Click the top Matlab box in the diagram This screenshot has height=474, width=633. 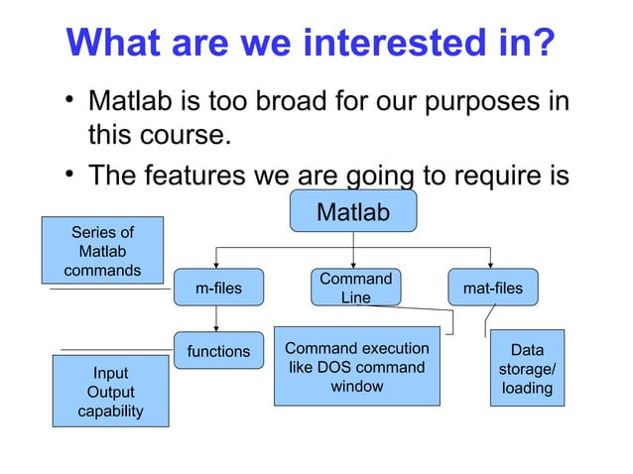[352, 211]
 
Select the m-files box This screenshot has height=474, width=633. [218, 289]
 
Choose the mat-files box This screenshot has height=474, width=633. [492, 289]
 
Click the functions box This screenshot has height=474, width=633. [218, 351]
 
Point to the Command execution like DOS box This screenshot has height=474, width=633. [356, 367]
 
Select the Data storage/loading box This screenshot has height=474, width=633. [527, 369]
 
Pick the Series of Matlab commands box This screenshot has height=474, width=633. [102, 251]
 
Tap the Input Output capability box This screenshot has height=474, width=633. [110, 392]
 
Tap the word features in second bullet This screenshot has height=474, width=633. [213, 175]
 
